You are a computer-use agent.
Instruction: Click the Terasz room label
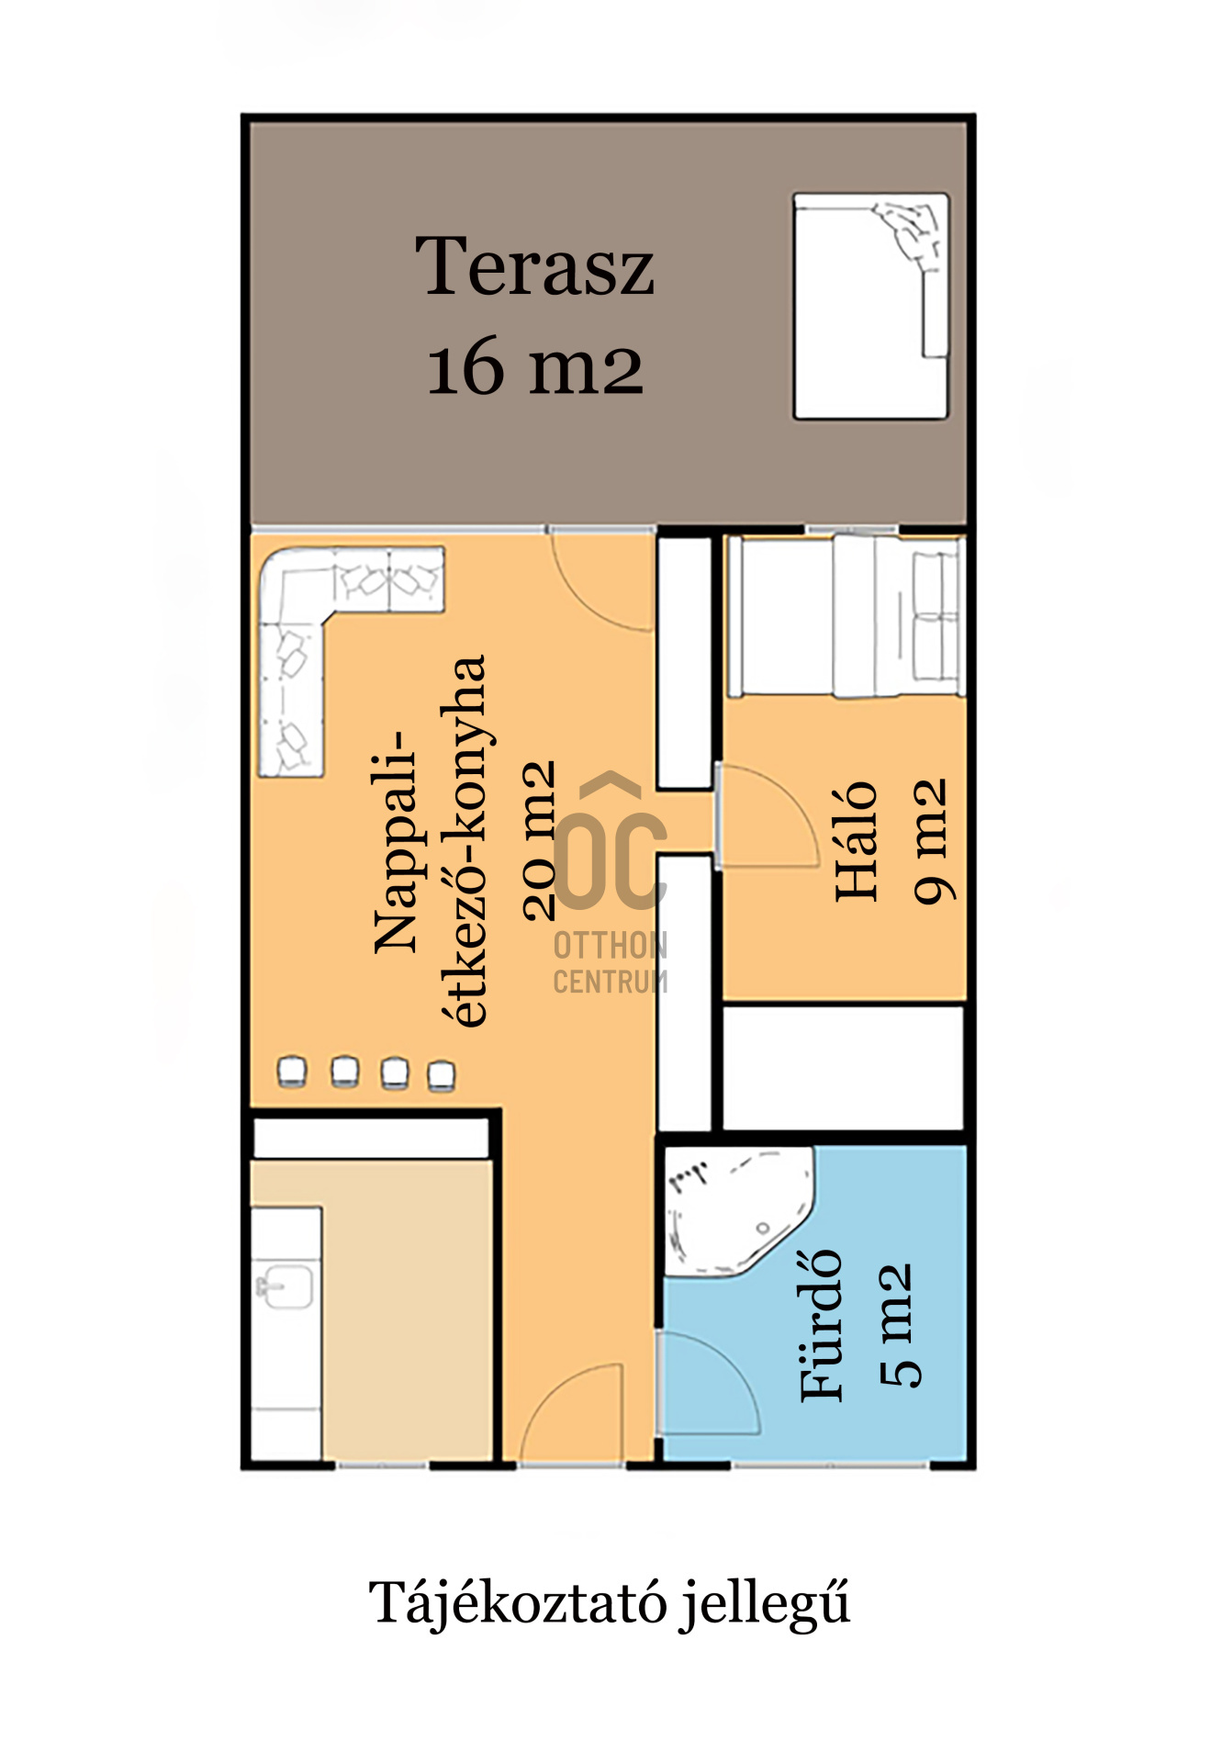[x=534, y=266]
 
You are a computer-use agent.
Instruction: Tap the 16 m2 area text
[x=535, y=366]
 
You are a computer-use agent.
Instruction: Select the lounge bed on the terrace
[x=870, y=306]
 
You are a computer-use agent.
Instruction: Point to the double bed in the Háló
[x=845, y=617]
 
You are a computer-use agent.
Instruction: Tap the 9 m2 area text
[x=930, y=841]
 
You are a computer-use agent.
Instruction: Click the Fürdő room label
[x=820, y=1325]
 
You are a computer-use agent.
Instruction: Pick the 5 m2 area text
[x=897, y=1324]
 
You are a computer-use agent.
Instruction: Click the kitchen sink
[x=284, y=1285]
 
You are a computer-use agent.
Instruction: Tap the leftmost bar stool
[x=292, y=1072]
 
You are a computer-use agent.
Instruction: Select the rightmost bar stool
[x=442, y=1076]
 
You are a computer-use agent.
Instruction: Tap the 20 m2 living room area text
[x=539, y=840]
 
